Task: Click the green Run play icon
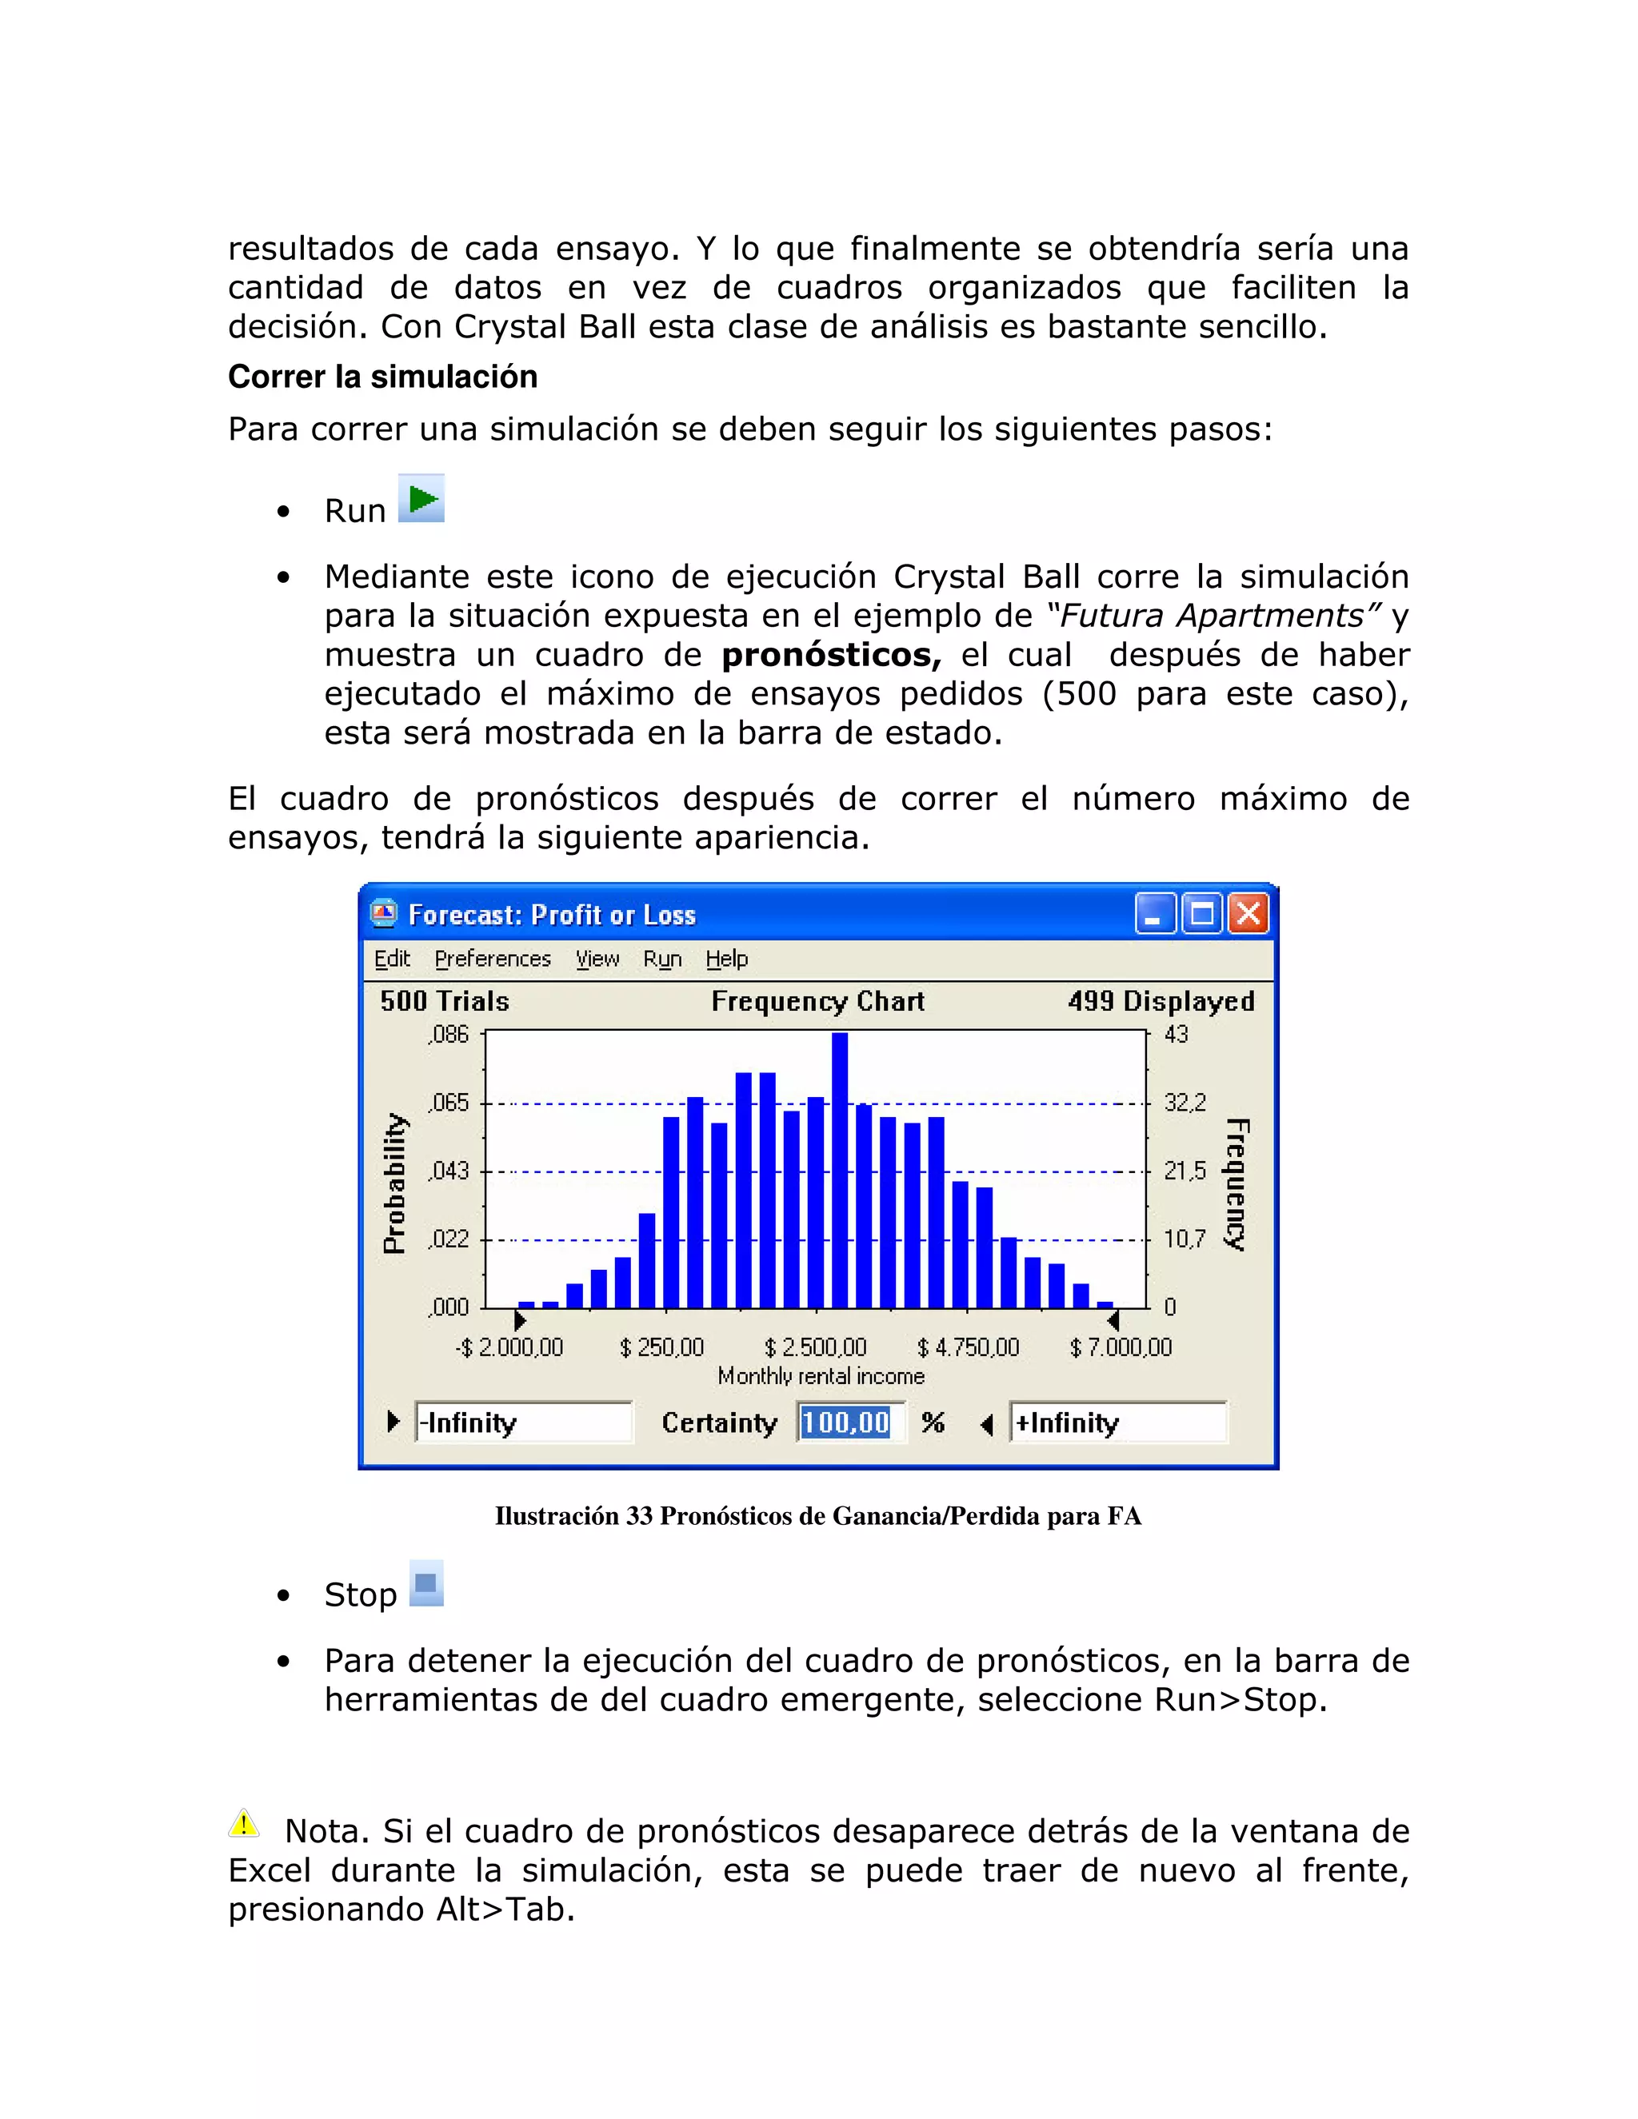click(x=421, y=499)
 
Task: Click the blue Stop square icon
click(x=426, y=1583)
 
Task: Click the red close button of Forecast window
click(x=1248, y=914)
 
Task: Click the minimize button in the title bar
click(x=1154, y=914)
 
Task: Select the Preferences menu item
click(x=492, y=959)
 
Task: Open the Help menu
click(x=726, y=959)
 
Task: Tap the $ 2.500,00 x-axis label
click(x=815, y=1347)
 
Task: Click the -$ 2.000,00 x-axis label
click(x=509, y=1347)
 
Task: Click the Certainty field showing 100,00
click(x=846, y=1423)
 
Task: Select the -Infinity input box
click(x=523, y=1423)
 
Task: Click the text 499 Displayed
click(x=1161, y=1000)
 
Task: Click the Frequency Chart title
click(x=817, y=1000)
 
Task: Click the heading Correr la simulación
click(x=382, y=377)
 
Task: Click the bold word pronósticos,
click(x=831, y=655)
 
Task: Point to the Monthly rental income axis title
click(x=821, y=1376)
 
